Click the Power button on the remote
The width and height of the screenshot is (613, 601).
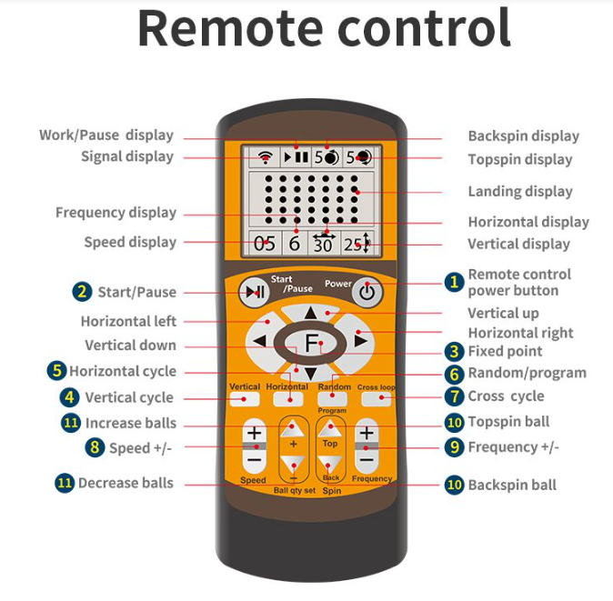click(x=366, y=293)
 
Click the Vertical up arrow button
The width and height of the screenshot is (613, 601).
click(x=310, y=314)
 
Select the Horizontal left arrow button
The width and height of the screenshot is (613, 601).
click(x=261, y=341)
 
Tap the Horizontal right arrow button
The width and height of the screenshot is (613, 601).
click(x=361, y=341)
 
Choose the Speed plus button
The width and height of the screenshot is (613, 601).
click(x=254, y=433)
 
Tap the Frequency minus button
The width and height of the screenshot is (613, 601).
click(x=367, y=460)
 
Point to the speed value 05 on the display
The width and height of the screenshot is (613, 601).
click(x=264, y=243)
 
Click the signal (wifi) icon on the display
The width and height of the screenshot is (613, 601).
click(x=265, y=156)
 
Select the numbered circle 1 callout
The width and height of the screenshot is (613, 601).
click(x=453, y=283)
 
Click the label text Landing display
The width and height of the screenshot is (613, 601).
click(x=520, y=191)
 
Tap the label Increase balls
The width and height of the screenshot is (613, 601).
click(x=131, y=423)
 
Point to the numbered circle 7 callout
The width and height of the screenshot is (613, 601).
click(x=454, y=396)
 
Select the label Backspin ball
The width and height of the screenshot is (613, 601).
click(x=512, y=485)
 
